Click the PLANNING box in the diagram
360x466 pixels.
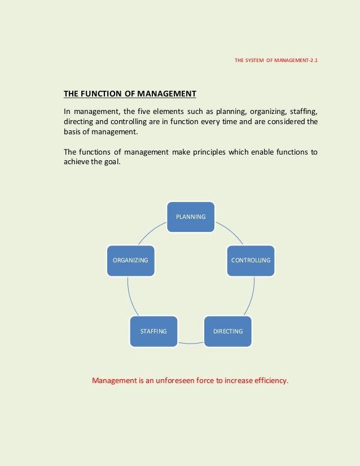click(x=191, y=217)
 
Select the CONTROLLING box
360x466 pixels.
click(x=251, y=260)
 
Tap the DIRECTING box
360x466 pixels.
click(x=228, y=331)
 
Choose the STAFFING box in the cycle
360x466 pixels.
click(x=153, y=331)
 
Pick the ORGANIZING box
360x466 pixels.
click(x=130, y=260)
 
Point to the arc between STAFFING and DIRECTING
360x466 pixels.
click(x=191, y=343)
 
